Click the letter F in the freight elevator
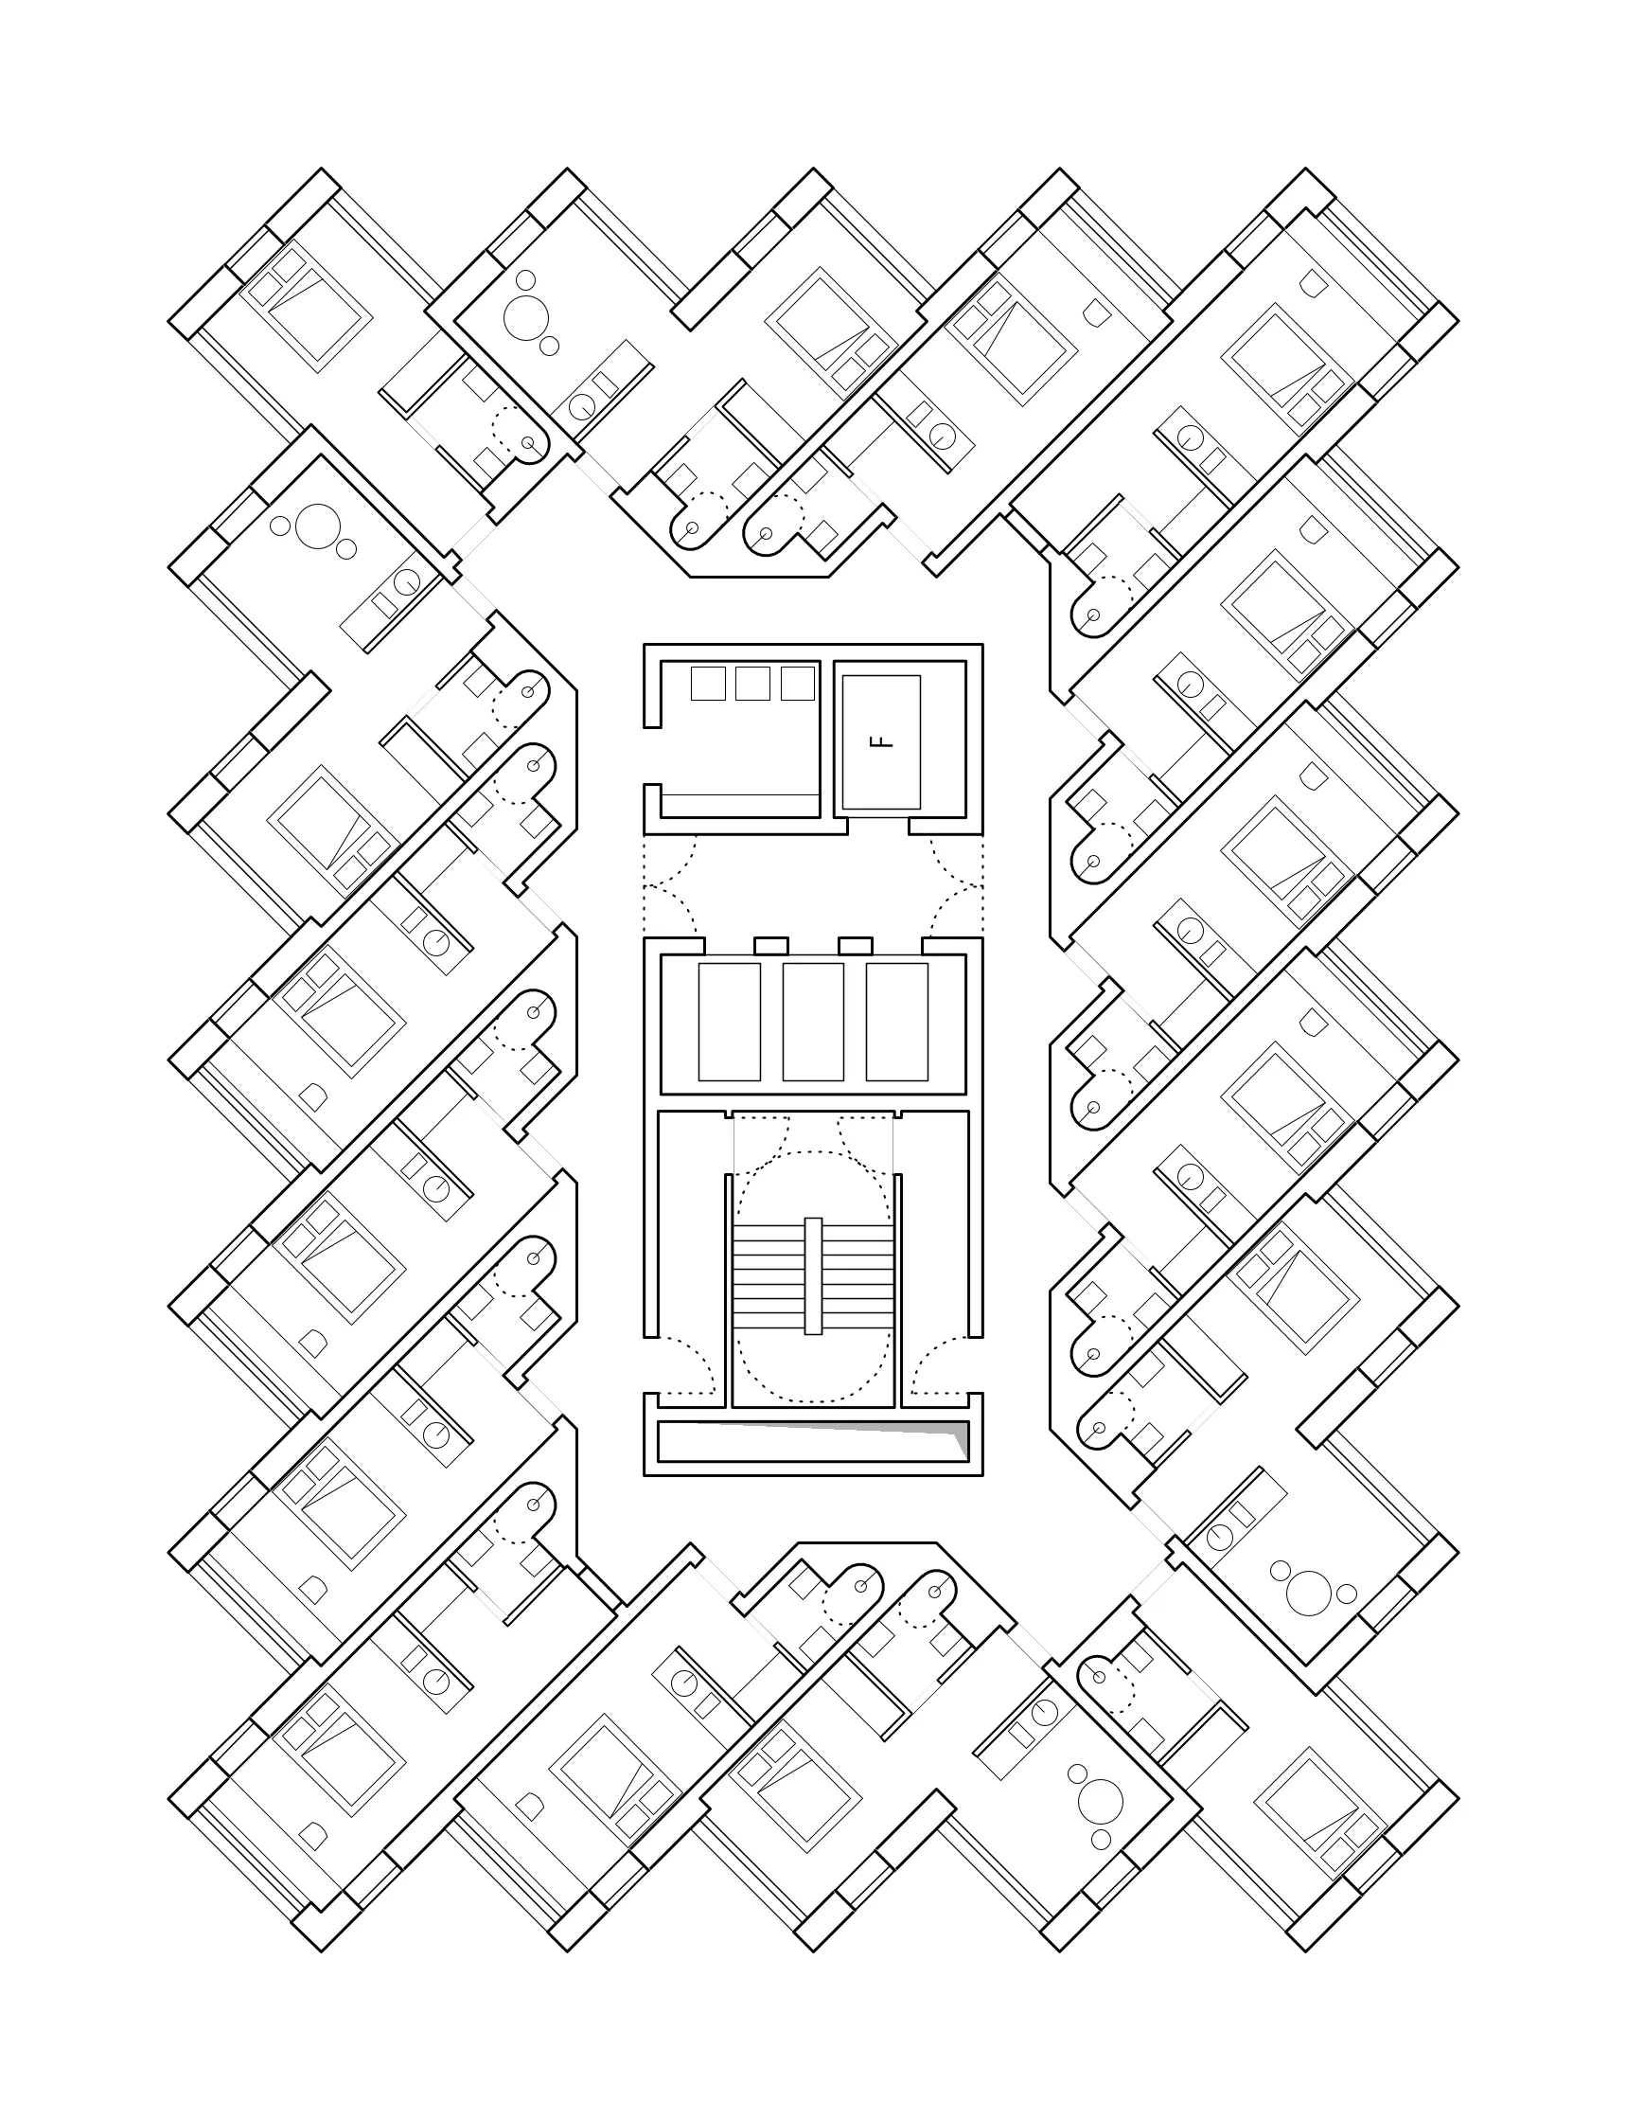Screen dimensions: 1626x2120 point(881,742)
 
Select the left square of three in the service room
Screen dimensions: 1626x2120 point(708,684)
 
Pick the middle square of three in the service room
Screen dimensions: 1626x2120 point(752,684)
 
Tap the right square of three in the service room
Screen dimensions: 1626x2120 point(798,684)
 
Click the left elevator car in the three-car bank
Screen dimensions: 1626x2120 point(729,1023)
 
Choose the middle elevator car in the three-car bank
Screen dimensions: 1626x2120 point(813,1023)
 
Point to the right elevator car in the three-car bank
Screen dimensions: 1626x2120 point(897,1023)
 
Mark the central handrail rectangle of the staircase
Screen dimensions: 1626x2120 point(813,1275)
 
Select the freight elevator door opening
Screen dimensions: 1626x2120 point(879,824)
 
